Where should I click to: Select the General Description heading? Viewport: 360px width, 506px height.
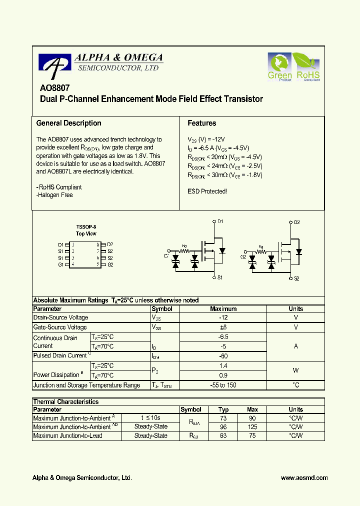tap(68, 123)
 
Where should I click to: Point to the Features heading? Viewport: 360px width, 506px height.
tap(201, 123)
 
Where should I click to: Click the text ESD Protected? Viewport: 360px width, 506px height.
tap(207, 191)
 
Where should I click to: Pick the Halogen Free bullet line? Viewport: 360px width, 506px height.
tap(54, 195)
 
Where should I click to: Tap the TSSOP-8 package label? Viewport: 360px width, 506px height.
tap(86, 226)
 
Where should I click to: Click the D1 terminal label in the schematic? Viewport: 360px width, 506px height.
tap(220, 221)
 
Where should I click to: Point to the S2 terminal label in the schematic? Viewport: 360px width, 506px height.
tap(296, 278)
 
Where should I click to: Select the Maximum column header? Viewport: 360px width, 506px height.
tap(223, 309)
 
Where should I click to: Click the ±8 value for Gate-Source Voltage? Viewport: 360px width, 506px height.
tap(223, 327)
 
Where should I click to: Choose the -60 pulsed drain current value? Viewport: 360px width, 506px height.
tap(223, 356)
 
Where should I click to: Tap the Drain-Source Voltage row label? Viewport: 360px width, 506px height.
tap(60, 318)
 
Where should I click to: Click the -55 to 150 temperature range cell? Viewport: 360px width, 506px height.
tap(223, 385)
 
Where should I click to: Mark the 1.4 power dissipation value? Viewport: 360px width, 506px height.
tap(223, 366)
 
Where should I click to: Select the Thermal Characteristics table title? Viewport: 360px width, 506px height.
tap(65, 402)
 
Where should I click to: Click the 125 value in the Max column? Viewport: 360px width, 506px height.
tap(252, 427)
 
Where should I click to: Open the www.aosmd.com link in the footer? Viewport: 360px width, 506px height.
tap(304, 478)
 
